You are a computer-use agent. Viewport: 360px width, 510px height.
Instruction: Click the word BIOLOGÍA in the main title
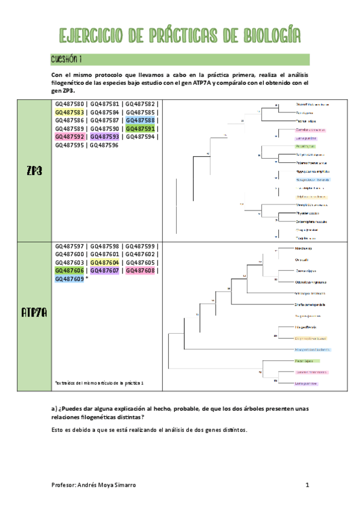[x=263, y=36]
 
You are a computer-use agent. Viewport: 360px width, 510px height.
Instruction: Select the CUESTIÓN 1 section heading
[x=66, y=59]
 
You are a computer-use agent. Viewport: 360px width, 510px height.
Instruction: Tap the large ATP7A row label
[x=34, y=312]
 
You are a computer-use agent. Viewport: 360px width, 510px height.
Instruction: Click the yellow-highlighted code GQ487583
[x=69, y=112]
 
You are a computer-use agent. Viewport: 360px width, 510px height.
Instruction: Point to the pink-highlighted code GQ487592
[x=69, y=137]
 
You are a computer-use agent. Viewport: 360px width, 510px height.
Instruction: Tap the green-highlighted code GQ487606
[x=69, y=271]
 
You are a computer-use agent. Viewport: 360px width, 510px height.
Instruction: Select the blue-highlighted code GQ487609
[x=69, y=279]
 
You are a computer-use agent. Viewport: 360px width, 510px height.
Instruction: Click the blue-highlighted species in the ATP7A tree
[x=313, y=349]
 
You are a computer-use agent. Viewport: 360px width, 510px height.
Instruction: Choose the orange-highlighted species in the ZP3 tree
[x=311, y=197]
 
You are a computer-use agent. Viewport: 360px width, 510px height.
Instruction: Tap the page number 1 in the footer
[x=307, y=485]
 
